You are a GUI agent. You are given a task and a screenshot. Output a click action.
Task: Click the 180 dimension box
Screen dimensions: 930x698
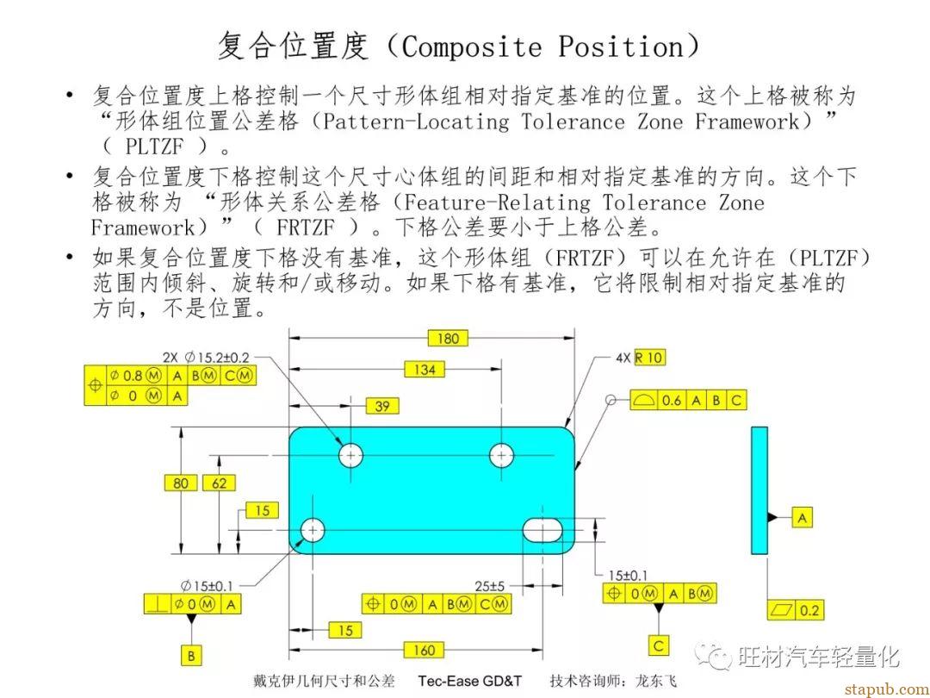pyautogui.click(x=448, y=339)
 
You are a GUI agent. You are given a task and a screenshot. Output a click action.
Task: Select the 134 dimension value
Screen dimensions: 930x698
pyautogui.click(x=425, y=369)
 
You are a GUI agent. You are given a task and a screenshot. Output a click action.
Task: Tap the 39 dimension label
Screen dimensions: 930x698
pyautogui.click(x=382, y=406)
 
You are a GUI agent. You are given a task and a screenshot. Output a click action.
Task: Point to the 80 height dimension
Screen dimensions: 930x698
pyautogui.click(x=180, y=483)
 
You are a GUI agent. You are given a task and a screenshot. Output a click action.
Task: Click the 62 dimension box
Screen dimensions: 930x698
pyautogui.click(x=219, y=483)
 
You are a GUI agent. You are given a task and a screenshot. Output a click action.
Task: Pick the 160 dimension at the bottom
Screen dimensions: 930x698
pyautogui.click(x=424, y=651)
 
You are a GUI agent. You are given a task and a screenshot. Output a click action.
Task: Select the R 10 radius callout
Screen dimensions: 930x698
pyautogui.click(x=649, y=358)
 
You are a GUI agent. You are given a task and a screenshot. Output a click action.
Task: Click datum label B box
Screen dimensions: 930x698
pyautogui.click(x=191, y=656)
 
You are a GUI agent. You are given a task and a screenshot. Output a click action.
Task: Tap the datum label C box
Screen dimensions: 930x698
pyautogui.click(x=659, y=645)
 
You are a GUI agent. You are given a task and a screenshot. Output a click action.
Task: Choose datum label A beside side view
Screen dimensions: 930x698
pyautogui.click(x=802, y=518)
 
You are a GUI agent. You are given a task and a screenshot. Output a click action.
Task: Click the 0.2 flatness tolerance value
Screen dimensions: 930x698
pyautogui.click(x=809, y=610)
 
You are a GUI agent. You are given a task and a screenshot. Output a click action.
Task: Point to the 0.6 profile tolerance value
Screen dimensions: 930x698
pyautogui.click(x=671, y=401)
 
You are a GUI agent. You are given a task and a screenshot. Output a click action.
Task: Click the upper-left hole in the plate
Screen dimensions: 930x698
pyautogui.click(x=350, y=455)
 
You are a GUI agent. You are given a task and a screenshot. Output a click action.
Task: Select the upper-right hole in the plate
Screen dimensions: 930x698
pyautogui.click(x=502, y=455)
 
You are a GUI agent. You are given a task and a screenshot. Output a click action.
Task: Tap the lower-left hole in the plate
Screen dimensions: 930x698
pyautogui.click(x=313, y=530)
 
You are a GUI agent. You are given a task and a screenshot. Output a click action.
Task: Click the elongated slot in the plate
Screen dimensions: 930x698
pyautogui.click(x=542, y=529)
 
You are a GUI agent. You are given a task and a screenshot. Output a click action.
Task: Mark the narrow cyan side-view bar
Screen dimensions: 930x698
pyautogui.click(x=759, y=490)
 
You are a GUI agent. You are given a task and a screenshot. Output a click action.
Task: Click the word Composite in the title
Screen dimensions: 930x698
pyautogui.click(x=472, y=47)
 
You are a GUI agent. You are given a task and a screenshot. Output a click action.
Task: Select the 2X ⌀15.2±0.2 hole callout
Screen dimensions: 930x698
pyautogui.click(x=206, y=358)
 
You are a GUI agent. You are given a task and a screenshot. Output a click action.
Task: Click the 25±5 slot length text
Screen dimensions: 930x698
pyautogui.click(x=489, y=587)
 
